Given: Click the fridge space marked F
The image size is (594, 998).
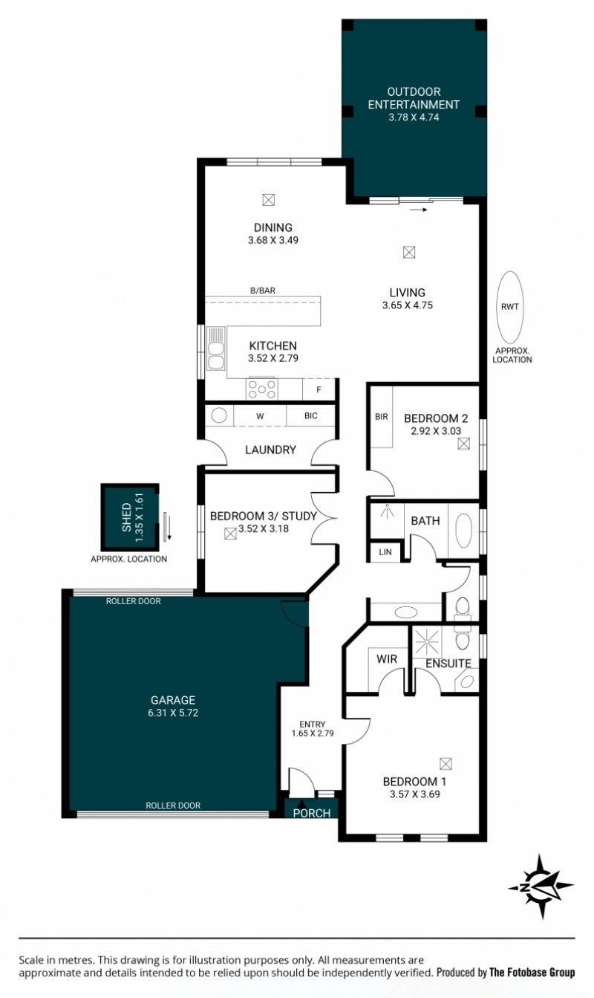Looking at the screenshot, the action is coord(319,390).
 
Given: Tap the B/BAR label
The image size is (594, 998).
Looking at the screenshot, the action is coord(262,291).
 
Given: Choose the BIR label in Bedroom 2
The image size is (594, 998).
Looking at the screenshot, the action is coord(381,417).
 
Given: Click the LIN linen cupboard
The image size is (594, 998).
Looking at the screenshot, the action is coord(385,552).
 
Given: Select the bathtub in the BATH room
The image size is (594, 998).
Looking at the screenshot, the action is coord(463,531).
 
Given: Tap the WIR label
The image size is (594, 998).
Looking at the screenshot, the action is coord(387,659).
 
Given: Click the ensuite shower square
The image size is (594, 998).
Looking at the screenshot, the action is coord(427,642).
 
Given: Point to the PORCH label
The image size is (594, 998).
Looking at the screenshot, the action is coord(312,813).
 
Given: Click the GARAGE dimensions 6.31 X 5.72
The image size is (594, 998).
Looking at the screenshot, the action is coord(173,713).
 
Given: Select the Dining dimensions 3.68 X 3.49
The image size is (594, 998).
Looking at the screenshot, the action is coord(273,240).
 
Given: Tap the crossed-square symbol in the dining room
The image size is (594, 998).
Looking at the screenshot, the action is coord(269,200).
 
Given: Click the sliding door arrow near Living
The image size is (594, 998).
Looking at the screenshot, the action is coord(419,210).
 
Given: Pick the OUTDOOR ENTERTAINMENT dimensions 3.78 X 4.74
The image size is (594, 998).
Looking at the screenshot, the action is coord(414,117).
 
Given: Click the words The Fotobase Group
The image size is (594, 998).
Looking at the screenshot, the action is coord(532,972).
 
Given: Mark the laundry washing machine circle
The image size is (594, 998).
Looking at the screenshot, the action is coord(219,415).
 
